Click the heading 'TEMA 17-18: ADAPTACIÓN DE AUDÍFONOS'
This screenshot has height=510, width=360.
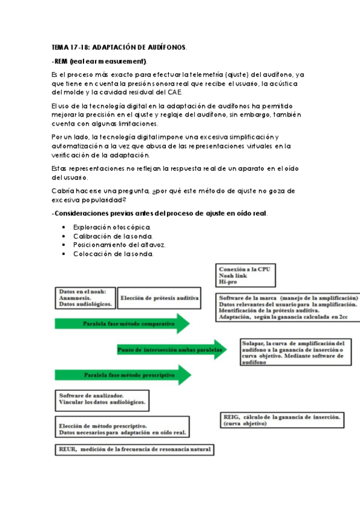click(119, 47)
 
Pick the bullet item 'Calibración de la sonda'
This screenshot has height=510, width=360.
click(113, 236)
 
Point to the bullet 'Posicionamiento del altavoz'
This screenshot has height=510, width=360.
click(120, 245)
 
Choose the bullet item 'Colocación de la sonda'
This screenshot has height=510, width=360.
click(113, 254)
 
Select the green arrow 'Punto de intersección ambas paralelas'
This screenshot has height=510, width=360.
click(171, 349)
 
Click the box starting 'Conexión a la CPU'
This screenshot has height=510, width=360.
click(243, 275)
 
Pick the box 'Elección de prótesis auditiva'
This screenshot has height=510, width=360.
click(159, 298)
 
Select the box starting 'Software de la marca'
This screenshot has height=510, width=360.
click(287, 307)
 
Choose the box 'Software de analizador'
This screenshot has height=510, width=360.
click(103, 401)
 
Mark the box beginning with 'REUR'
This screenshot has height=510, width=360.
click(133, 449)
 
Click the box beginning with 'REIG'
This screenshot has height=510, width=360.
click(282, 419)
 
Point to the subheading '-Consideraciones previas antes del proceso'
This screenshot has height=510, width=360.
click(160, 214)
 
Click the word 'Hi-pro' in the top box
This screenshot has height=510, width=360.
click(229, 281)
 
